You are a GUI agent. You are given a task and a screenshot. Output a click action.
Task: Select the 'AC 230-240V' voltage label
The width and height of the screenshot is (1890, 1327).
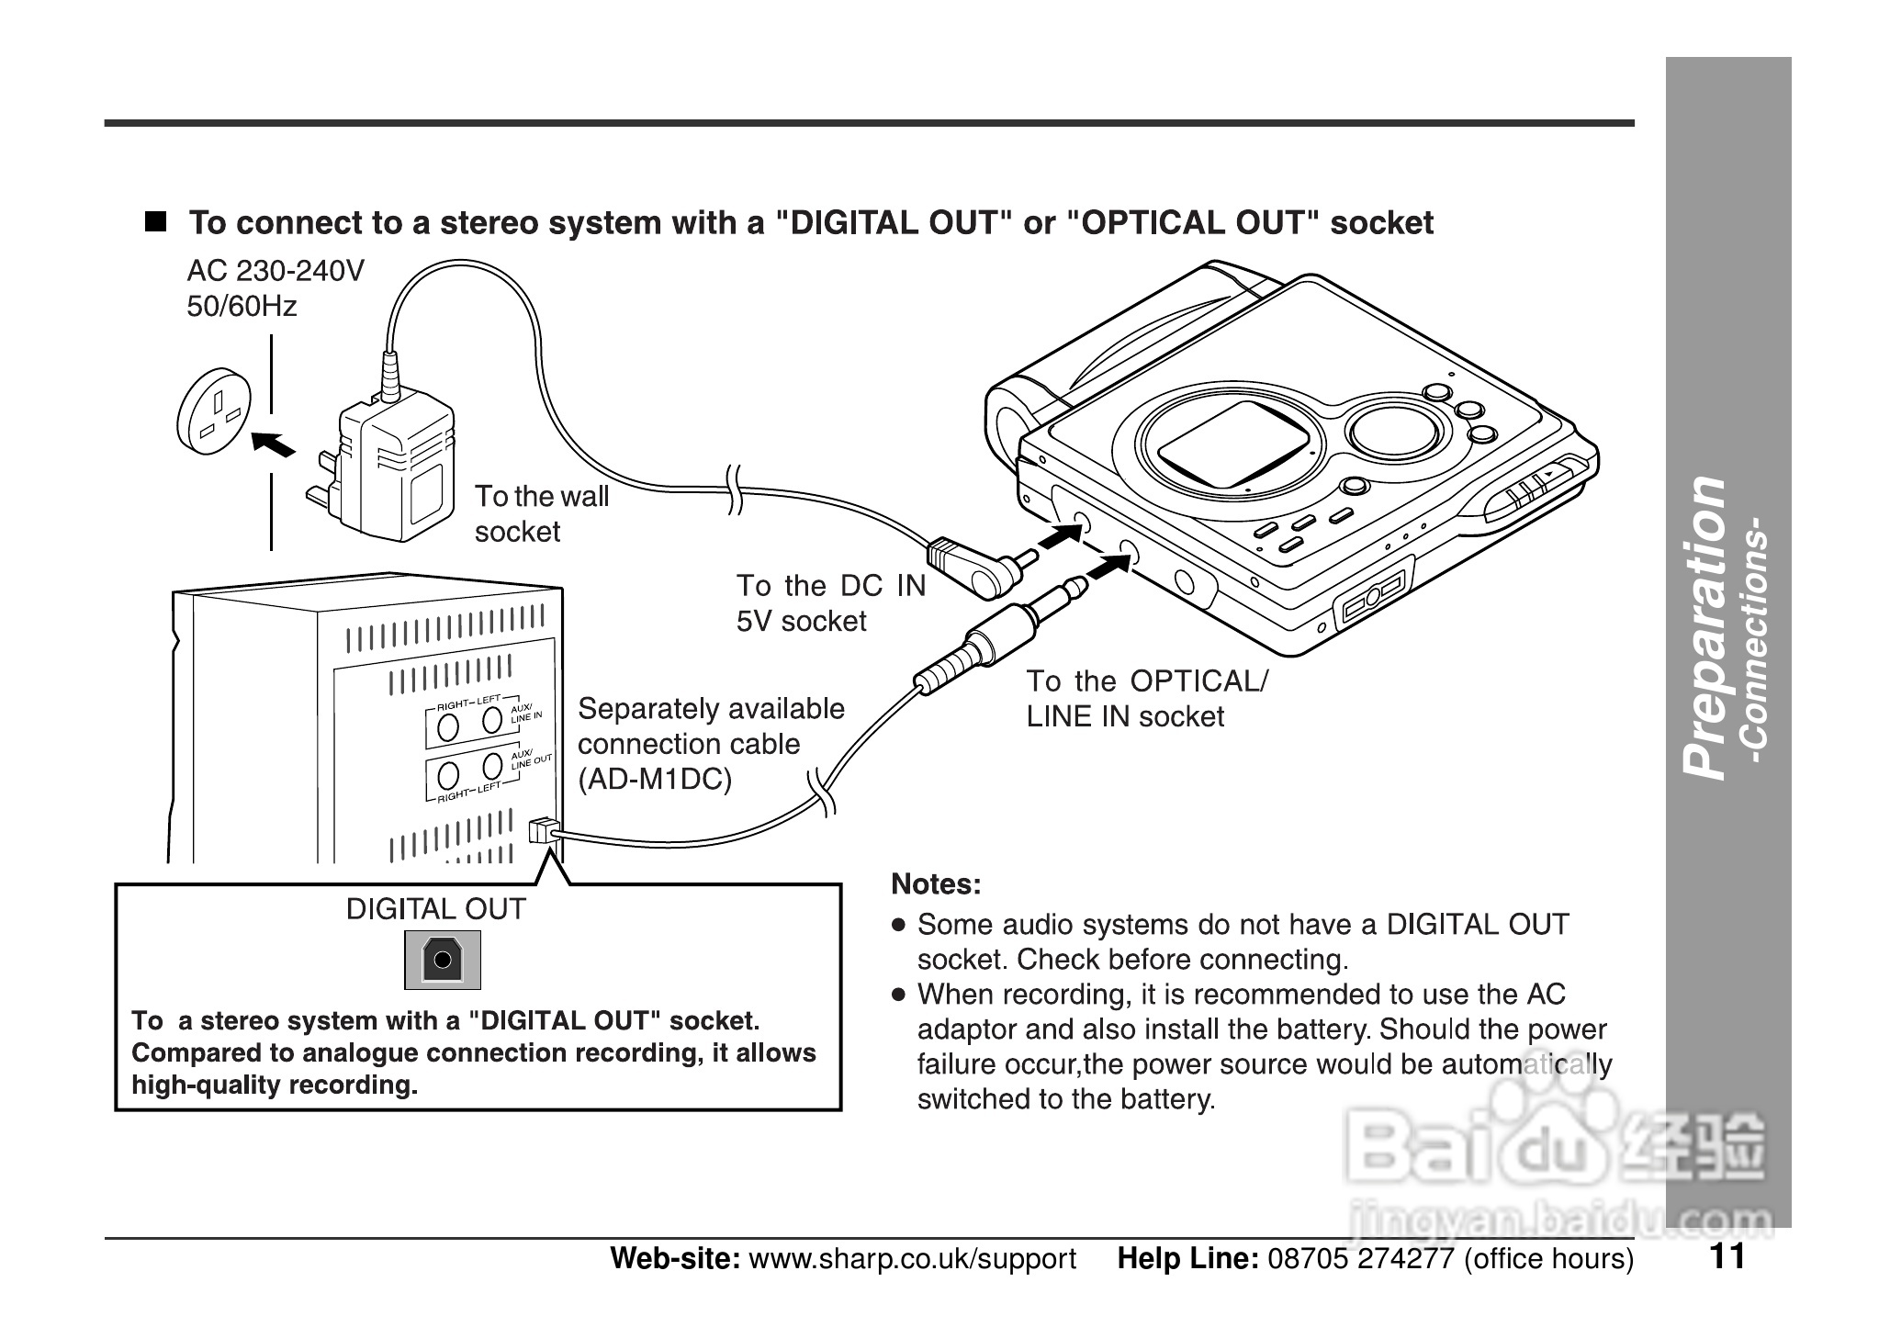click(276, 271)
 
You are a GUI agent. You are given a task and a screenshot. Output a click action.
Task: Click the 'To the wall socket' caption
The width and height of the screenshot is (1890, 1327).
click(541, 513)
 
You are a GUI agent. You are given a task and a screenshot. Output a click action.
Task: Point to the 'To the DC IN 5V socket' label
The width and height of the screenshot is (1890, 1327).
click(830, 602)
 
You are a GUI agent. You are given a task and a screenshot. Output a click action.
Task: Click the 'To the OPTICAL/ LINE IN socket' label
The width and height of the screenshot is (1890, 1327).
click(1145, 698)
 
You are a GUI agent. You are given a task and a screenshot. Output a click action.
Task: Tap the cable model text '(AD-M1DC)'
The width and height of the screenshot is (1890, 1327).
click(654, 780)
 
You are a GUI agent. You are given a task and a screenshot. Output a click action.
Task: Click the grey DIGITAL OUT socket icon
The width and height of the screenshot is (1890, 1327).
click(443, 960)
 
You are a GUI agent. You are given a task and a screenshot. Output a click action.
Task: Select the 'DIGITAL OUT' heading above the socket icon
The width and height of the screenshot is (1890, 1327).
click(435, 909)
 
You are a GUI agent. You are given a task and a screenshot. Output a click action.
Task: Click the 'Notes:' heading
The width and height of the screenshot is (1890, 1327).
click(936, 884)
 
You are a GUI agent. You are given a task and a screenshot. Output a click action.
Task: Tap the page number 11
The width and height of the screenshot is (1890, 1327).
click(1727, 1255)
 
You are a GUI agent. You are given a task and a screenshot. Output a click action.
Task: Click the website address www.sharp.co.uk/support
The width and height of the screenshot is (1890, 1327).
click(912, 1258)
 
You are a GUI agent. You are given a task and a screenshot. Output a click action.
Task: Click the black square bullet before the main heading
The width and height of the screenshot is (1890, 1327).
click(156, 222)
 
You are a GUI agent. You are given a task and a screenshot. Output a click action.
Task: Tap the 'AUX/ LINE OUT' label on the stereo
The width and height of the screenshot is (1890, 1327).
click(531, 759)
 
